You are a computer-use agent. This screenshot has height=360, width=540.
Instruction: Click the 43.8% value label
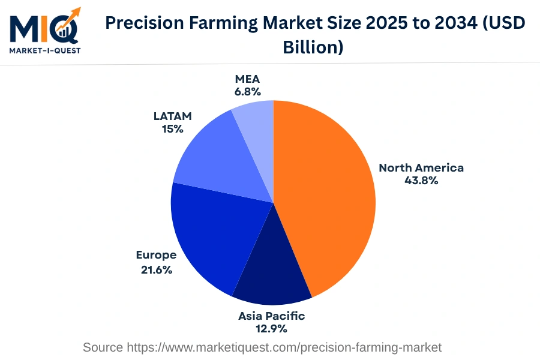(x=421, y=181)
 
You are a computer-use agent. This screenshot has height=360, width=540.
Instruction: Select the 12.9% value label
(x=271, y=329)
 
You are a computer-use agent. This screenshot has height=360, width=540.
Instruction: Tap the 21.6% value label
(x=157, y=270)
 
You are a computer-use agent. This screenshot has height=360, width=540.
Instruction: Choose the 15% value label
(x=172, y=128)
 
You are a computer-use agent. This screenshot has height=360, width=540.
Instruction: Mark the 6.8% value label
(x=248, y=92)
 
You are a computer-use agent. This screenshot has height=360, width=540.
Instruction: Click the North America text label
(x=421, y=167)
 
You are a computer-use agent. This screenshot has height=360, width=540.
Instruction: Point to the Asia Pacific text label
(x=271, y=316)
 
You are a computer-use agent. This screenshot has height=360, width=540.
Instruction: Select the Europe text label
(x=156, y=255)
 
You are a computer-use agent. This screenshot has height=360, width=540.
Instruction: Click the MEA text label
(x=248, y=79)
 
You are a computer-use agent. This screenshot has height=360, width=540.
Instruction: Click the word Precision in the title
(x=145, y=23)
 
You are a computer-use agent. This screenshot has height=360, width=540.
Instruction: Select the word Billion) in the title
(x=313, y=47)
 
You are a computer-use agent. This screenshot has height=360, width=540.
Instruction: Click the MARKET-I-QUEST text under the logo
(x=45, y=50)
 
